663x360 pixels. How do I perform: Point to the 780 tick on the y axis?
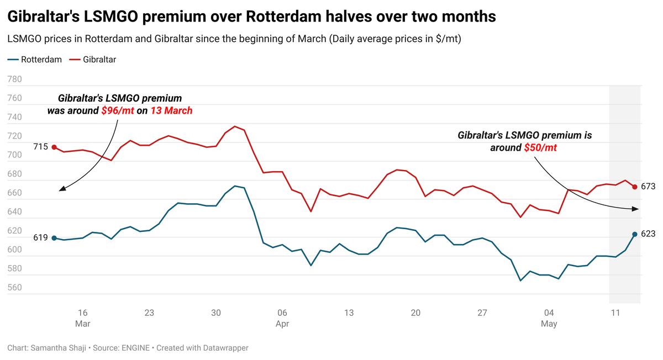pyautogui.click(x=14, y=80)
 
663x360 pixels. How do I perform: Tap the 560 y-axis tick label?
pyautogui.click(x=14, y=288)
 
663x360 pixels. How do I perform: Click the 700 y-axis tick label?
pyautogui.click(x=14, y=155)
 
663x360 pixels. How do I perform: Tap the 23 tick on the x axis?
pyautogui.click(x=149, y=313)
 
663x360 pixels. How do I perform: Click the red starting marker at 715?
pyautogui.click(x=54, y=147)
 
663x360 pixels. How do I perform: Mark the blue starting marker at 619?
pyautogui.click(x=54, y=238)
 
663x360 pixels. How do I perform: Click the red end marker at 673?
pyautogui.click(x=635, y=187)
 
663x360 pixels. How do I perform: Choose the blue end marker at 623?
pyautogui.click(x=635, y=234)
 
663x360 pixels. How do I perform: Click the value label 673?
pyautogui.click(x=648, y=187)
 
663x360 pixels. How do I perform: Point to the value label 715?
pyautogui.click(x=40, y=147)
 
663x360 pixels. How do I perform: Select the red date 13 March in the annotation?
pyautogui.click(x=171, y=111)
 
